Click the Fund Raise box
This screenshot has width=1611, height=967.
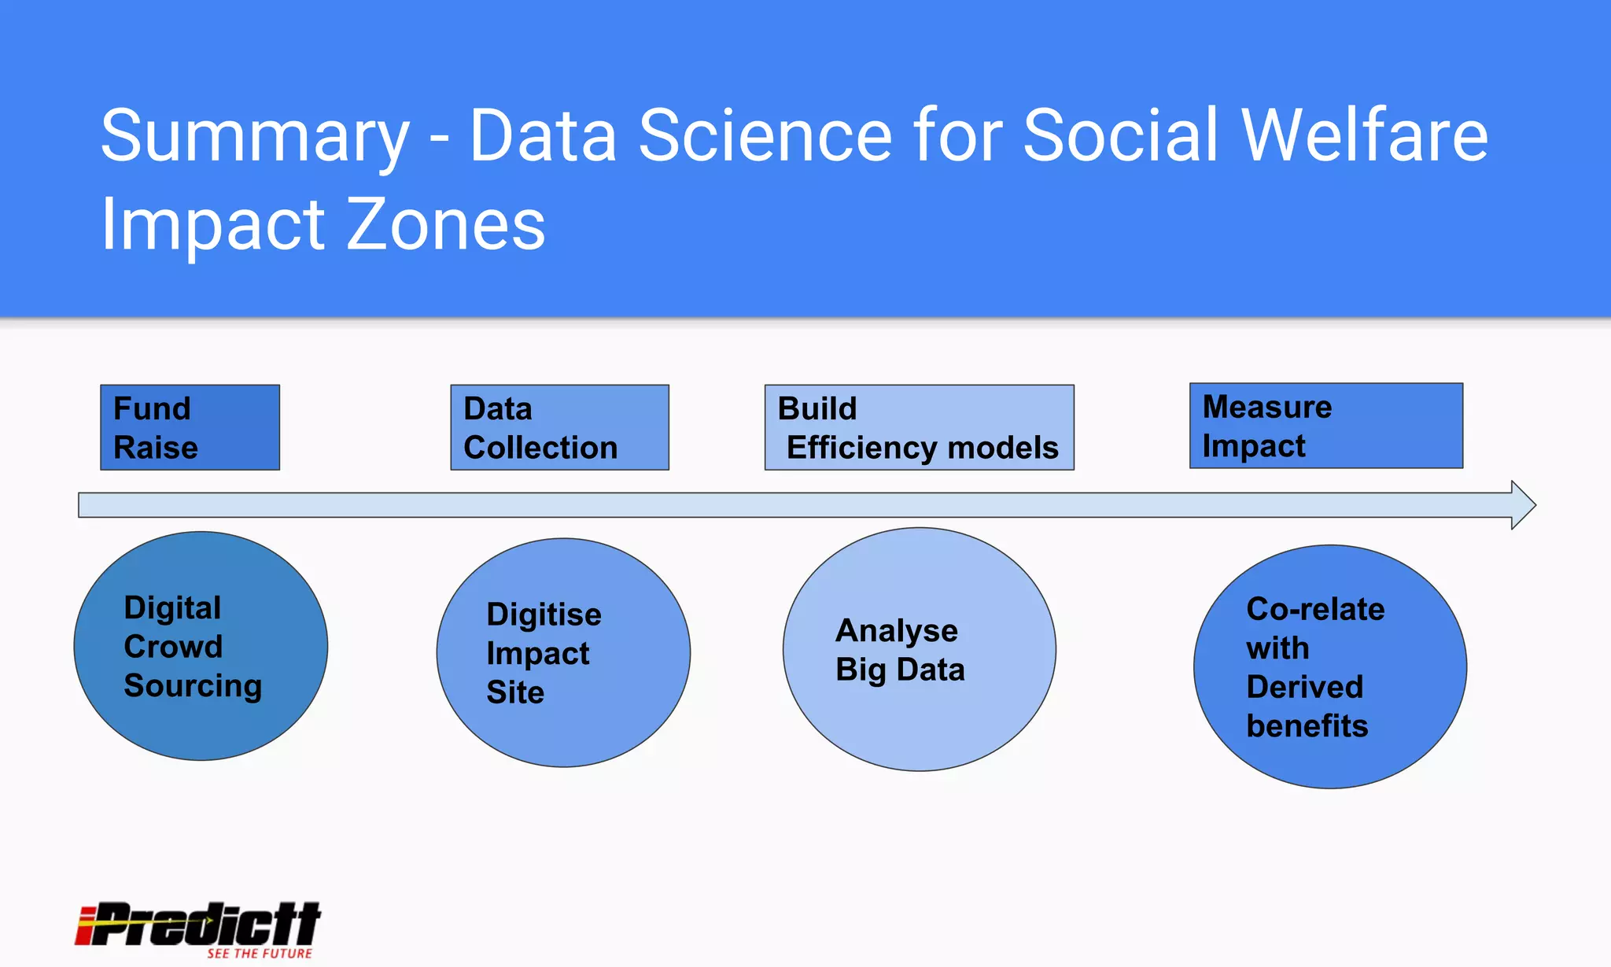click(x=190, y=427)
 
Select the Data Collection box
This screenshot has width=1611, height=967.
click(x=559, y=427)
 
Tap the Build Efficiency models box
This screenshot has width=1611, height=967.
click(x=919, y=427)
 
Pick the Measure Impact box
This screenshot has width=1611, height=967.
click(x=1325, y=426)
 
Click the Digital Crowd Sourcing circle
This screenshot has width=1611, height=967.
click(x=201, y=646)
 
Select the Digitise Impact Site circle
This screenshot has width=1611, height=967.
click(x=563, y=652)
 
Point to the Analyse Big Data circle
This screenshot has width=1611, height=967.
click(x=919, y=649)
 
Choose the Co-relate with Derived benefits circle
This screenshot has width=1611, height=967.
click(x=1329, y=666)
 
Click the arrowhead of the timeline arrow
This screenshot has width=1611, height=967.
click(x=1523, y=505)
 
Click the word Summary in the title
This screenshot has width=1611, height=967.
click(x=255, y=138)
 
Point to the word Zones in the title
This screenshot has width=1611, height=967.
click(x=445, y=225)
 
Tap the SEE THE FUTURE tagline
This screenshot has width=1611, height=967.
click(x=260, y=954)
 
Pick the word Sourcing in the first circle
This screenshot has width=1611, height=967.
click(x=193, y=686)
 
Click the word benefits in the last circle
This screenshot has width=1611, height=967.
click(x=1307, y=725)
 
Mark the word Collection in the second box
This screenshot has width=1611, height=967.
click(x=540, y=448)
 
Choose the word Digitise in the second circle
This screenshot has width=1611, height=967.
click(x=544, y=615)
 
